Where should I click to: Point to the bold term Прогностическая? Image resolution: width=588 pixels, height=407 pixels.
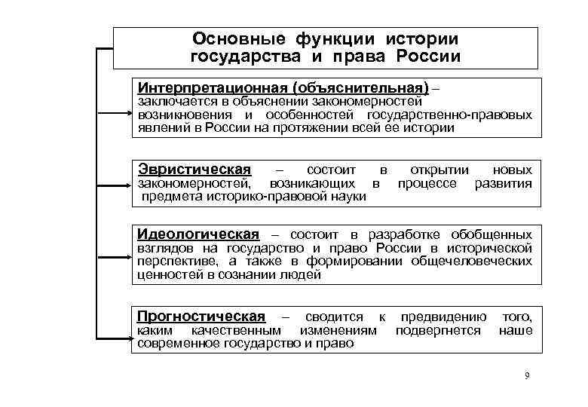click(x=201, y=316)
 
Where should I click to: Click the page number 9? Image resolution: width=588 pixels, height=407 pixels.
click(x=527, y=375)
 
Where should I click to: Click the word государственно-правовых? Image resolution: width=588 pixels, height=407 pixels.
click(x=449, y=115)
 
